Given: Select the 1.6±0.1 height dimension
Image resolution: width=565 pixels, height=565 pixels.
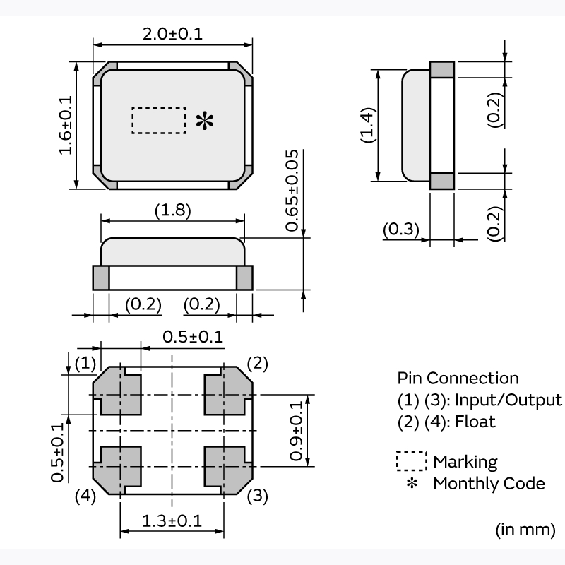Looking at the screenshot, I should click(x=65, y=125).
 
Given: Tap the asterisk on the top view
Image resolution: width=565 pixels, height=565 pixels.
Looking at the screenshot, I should click(x=204, y=121).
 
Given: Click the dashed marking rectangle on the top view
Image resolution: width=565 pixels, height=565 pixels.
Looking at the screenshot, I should click(x=159, y=121).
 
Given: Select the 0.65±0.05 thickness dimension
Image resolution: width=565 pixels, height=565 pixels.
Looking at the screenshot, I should click(x=292, y=191).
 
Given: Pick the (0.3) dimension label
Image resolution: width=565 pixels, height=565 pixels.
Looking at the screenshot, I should click(x=401, y=230).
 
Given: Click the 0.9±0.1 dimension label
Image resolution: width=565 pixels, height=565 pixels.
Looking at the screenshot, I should click(x=296, y=431).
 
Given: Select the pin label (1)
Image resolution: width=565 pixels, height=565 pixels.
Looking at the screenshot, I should click(x=85, y=364).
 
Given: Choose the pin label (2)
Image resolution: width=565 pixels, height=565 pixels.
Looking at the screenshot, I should click(x=258, y=364).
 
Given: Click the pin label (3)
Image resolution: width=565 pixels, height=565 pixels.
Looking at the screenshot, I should click(x=258, y=496).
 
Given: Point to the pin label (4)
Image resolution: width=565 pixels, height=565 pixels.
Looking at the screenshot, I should click(x=85, y=496).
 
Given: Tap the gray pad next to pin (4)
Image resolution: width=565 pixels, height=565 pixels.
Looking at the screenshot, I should click(x=117, y=466).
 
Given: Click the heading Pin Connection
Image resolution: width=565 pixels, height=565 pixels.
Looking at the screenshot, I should click(x=458, y=378).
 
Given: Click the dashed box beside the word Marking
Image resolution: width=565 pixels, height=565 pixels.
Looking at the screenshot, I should click(x=412, y=462).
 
